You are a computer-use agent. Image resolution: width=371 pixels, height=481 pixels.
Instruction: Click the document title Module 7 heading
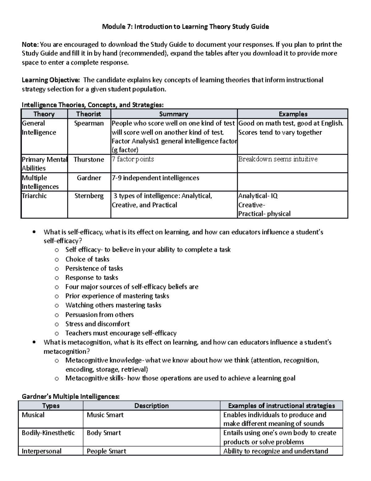pyautogui.click(x=185, y=27)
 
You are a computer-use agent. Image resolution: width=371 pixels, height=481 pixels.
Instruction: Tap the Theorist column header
pyautogui.click(x=89, y=114)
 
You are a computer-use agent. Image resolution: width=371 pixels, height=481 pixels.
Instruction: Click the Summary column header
pyautogui.click(x=173, y=114)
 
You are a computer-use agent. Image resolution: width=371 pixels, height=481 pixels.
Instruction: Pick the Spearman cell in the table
pyautogui.click(x=89, y=123)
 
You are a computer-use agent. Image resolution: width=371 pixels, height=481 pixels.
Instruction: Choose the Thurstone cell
pyautogui.click(x=89, y=160)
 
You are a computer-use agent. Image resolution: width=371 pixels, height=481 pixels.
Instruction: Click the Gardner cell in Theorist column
pyautogui.click(x=89, y=178)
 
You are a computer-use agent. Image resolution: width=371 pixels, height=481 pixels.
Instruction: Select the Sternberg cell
pyautogui.click(x=89, y=196)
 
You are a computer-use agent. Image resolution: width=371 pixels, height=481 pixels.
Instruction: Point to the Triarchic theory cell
pyautogui.click(x=34, y=196)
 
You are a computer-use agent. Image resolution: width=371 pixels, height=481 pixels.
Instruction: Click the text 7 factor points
pyautogui.click(x=133, y=160)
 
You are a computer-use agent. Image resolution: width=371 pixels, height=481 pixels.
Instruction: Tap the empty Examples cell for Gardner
pyautogui.click(x=292, y=182)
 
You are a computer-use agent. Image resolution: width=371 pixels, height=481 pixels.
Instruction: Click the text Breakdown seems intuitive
pyautogui.click(x=278, y=159)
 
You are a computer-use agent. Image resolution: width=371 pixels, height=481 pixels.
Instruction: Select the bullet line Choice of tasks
pyautogui.click(x=87, y=259)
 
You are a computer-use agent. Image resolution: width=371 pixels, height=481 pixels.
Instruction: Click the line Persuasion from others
pyautogui.click(x=99, y=315)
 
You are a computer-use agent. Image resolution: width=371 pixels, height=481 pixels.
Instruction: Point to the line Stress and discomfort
pyautogui.click(x=97, y=324)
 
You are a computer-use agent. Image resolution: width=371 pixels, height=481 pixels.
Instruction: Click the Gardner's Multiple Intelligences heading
pyautogui.click(x=70, y=396)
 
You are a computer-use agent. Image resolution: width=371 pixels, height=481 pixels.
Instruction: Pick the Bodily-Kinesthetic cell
pyautogui.click(x=48, y=433)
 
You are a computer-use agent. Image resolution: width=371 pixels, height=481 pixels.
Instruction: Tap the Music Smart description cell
pyautogui.click(x=105, y=415)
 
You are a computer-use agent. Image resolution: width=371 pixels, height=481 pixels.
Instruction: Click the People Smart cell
pyautogui.click(x=106, y=451)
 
